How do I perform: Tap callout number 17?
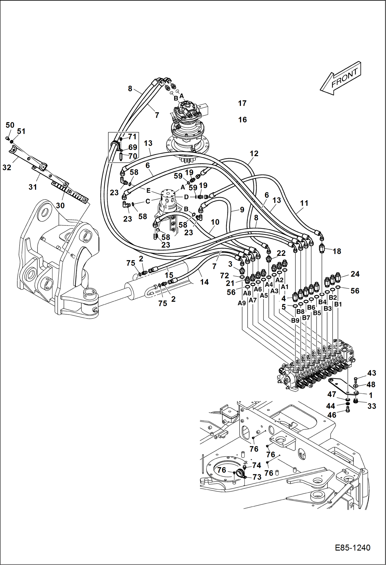(242, 103)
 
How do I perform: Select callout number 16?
(242, 120)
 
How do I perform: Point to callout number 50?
(10, 125)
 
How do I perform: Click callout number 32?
(7, 167)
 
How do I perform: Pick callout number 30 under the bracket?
(60, 205)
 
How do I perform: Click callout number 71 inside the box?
(132, 137)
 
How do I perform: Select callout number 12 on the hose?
(254, 154)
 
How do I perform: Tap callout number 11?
(304, 203)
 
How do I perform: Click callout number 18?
(337, 251)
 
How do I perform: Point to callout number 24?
(355, 274)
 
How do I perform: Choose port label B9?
(295, 321)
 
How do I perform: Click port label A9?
(242, 303)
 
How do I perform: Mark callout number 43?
(372, 373)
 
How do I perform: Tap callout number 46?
(332, 415)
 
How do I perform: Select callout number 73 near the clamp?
(257, 477)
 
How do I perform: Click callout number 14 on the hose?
(204, 282)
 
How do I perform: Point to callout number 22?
(281, 253)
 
